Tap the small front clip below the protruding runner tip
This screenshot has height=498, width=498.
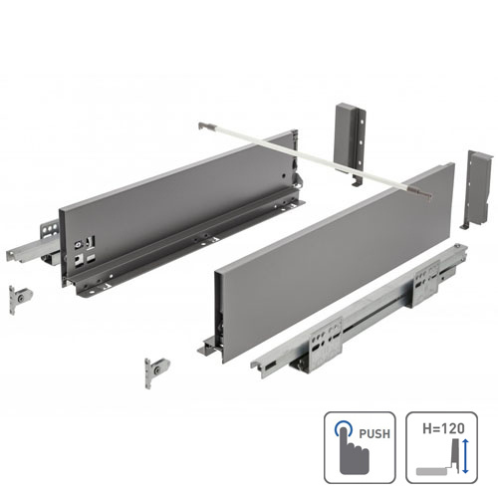pyautogui.click(x=19, y=297)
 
